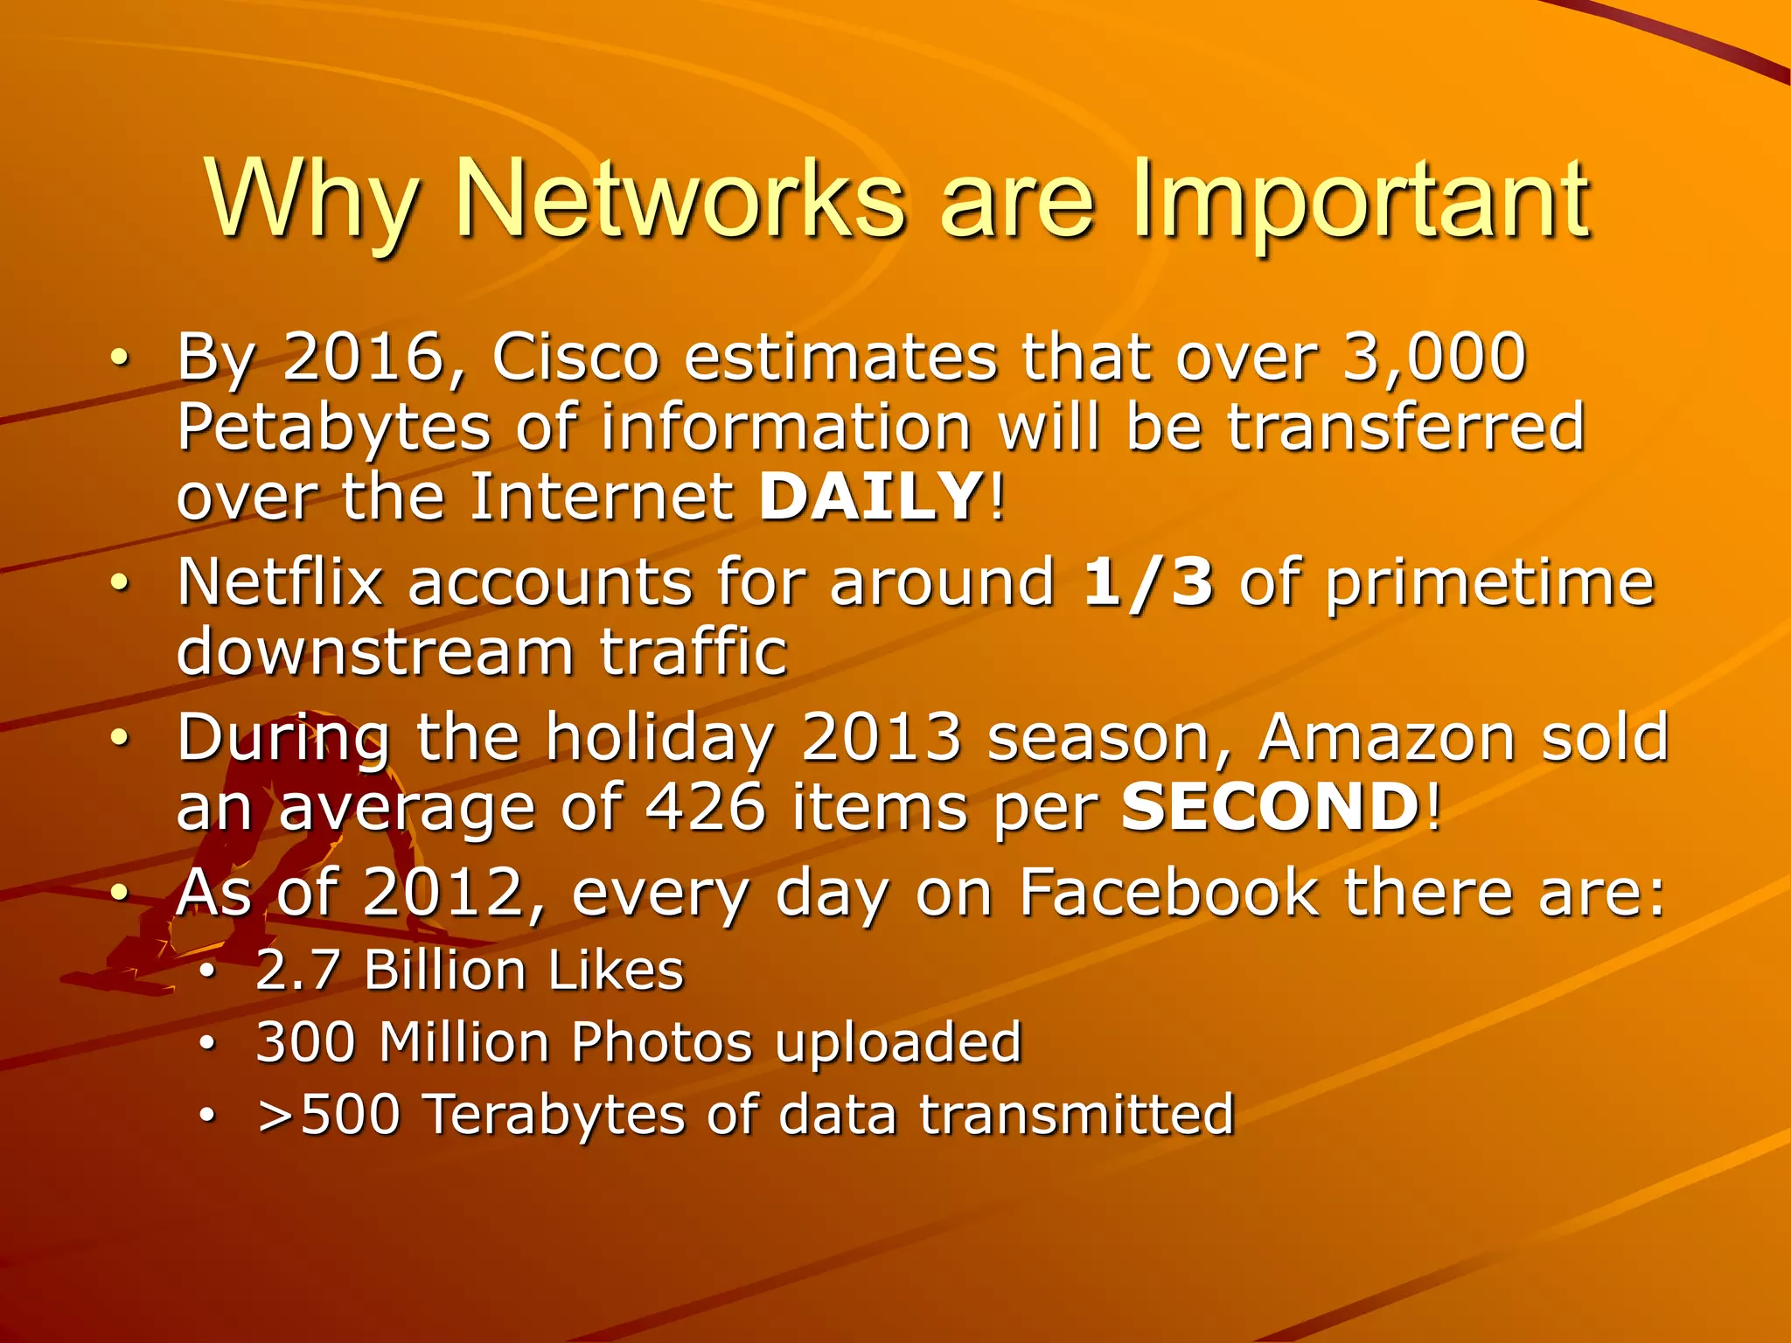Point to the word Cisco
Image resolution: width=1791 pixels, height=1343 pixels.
point(575,358)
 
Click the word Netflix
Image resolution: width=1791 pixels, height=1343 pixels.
point(281,582)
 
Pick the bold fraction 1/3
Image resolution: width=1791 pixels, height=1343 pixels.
point(1148,582)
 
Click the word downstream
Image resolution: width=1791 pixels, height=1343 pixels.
point(375,652)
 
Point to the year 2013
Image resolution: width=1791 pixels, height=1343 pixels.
point(882,738)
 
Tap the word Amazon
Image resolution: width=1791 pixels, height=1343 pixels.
point(1386,738)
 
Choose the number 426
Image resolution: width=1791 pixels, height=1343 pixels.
point(705,807)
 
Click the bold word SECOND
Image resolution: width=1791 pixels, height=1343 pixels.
point(1271,807)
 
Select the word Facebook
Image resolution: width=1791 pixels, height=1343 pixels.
point(1168,894)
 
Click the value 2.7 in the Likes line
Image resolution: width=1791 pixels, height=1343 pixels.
point(297,971)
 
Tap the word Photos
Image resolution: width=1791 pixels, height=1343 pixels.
point(661,1042)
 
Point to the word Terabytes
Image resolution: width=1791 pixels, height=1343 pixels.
point(554,1115)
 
